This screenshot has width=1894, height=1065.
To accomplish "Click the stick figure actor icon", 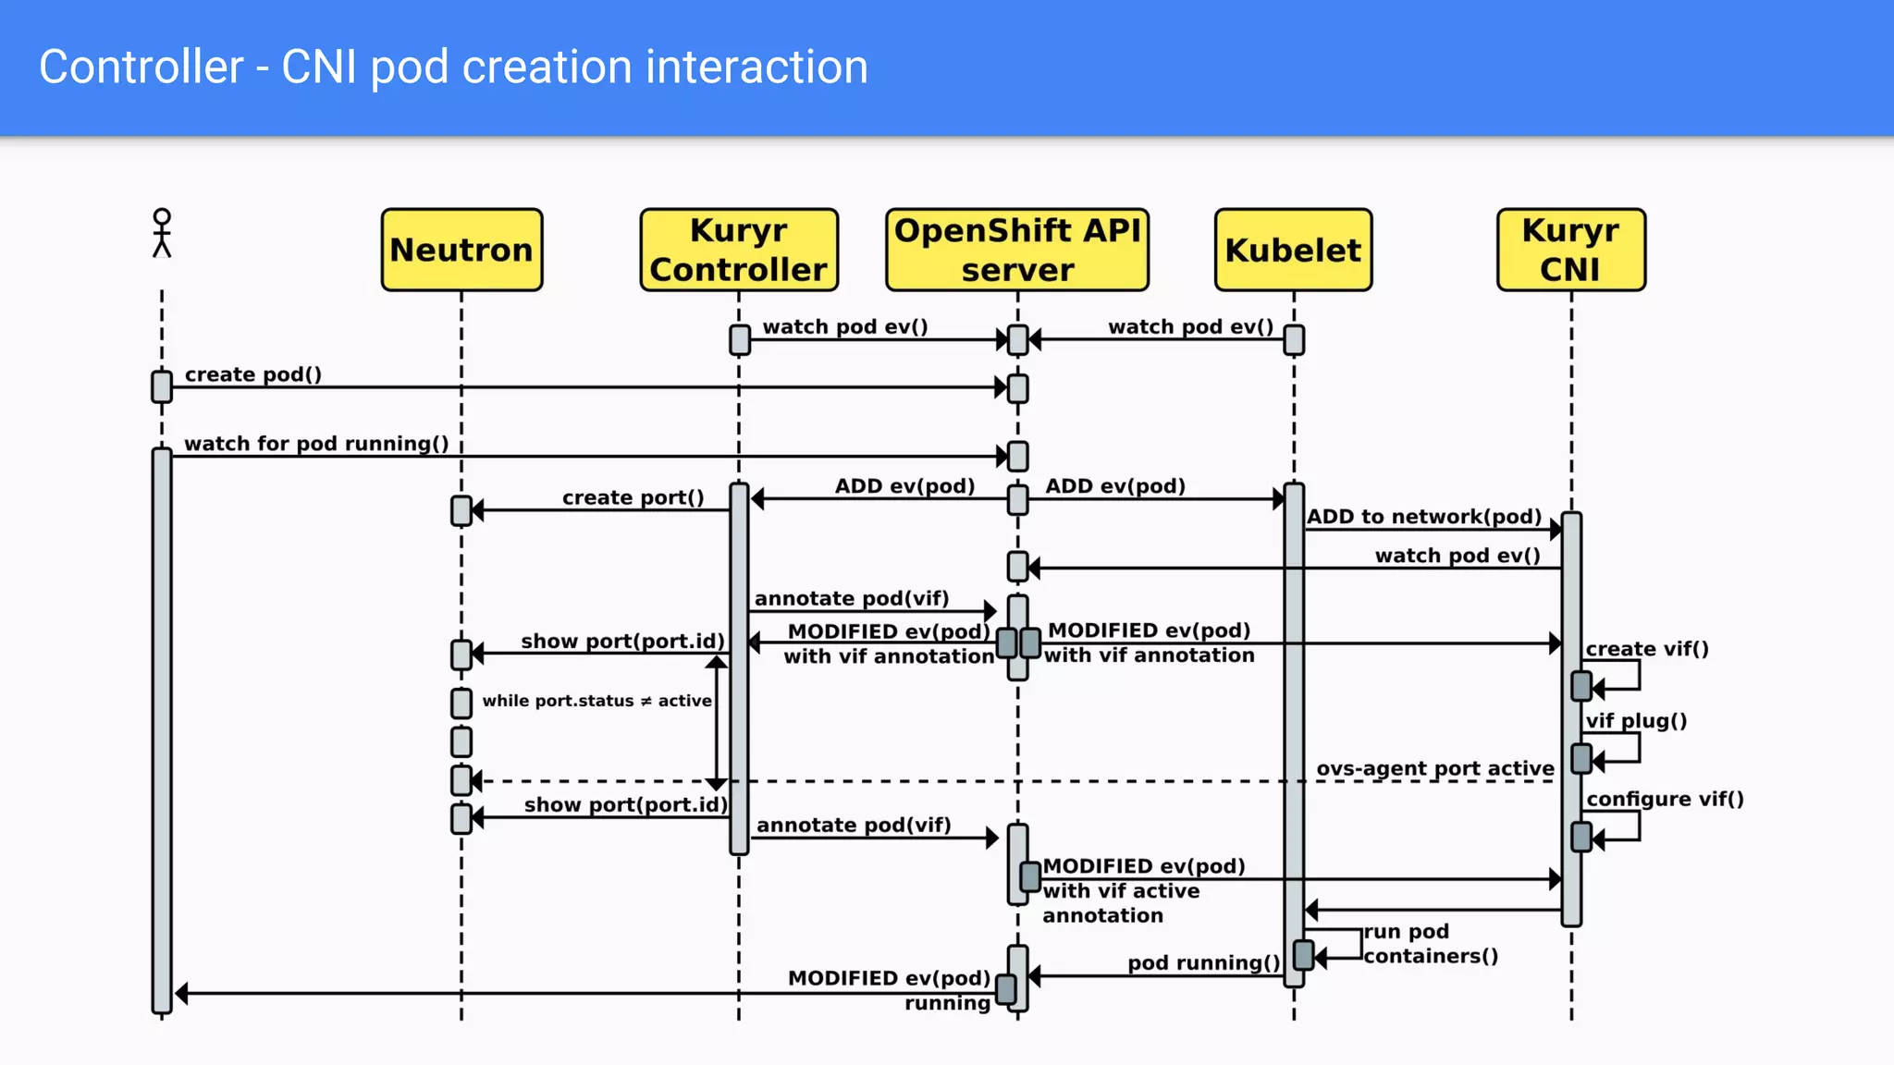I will point(162,233).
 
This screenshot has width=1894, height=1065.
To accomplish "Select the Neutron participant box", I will point(461,250).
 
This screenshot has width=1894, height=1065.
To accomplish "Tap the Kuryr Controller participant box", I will point(739,250).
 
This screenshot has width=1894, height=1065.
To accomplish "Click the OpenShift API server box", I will point(1017,250).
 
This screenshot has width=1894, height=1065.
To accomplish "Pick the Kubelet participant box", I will point(1293,250).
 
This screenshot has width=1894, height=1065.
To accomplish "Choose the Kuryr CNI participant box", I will point(1570,250).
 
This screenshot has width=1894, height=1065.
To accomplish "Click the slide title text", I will point(453,67).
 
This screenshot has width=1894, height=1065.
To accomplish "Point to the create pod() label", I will point(253,374).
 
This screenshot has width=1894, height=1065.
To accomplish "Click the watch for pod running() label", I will point(316,444).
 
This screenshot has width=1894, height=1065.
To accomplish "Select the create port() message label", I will point(633,497).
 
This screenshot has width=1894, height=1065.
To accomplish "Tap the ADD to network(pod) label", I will point(1423,517).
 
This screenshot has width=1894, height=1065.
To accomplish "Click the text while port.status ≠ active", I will point(596,701).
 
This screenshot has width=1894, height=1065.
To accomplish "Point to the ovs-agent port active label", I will point(1434,768).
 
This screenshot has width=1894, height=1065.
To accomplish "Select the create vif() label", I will point(1646,649).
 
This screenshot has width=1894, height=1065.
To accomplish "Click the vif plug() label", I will point(1636,721).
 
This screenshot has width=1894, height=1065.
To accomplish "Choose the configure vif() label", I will point(1665,799).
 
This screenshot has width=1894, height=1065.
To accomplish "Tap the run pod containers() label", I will point(1429,944).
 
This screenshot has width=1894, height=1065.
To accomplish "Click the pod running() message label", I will point(1203,963).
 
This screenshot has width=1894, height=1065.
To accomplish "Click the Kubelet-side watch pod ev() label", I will point(1190,326).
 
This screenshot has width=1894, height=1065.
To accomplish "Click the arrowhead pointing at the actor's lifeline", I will point(182,994).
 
